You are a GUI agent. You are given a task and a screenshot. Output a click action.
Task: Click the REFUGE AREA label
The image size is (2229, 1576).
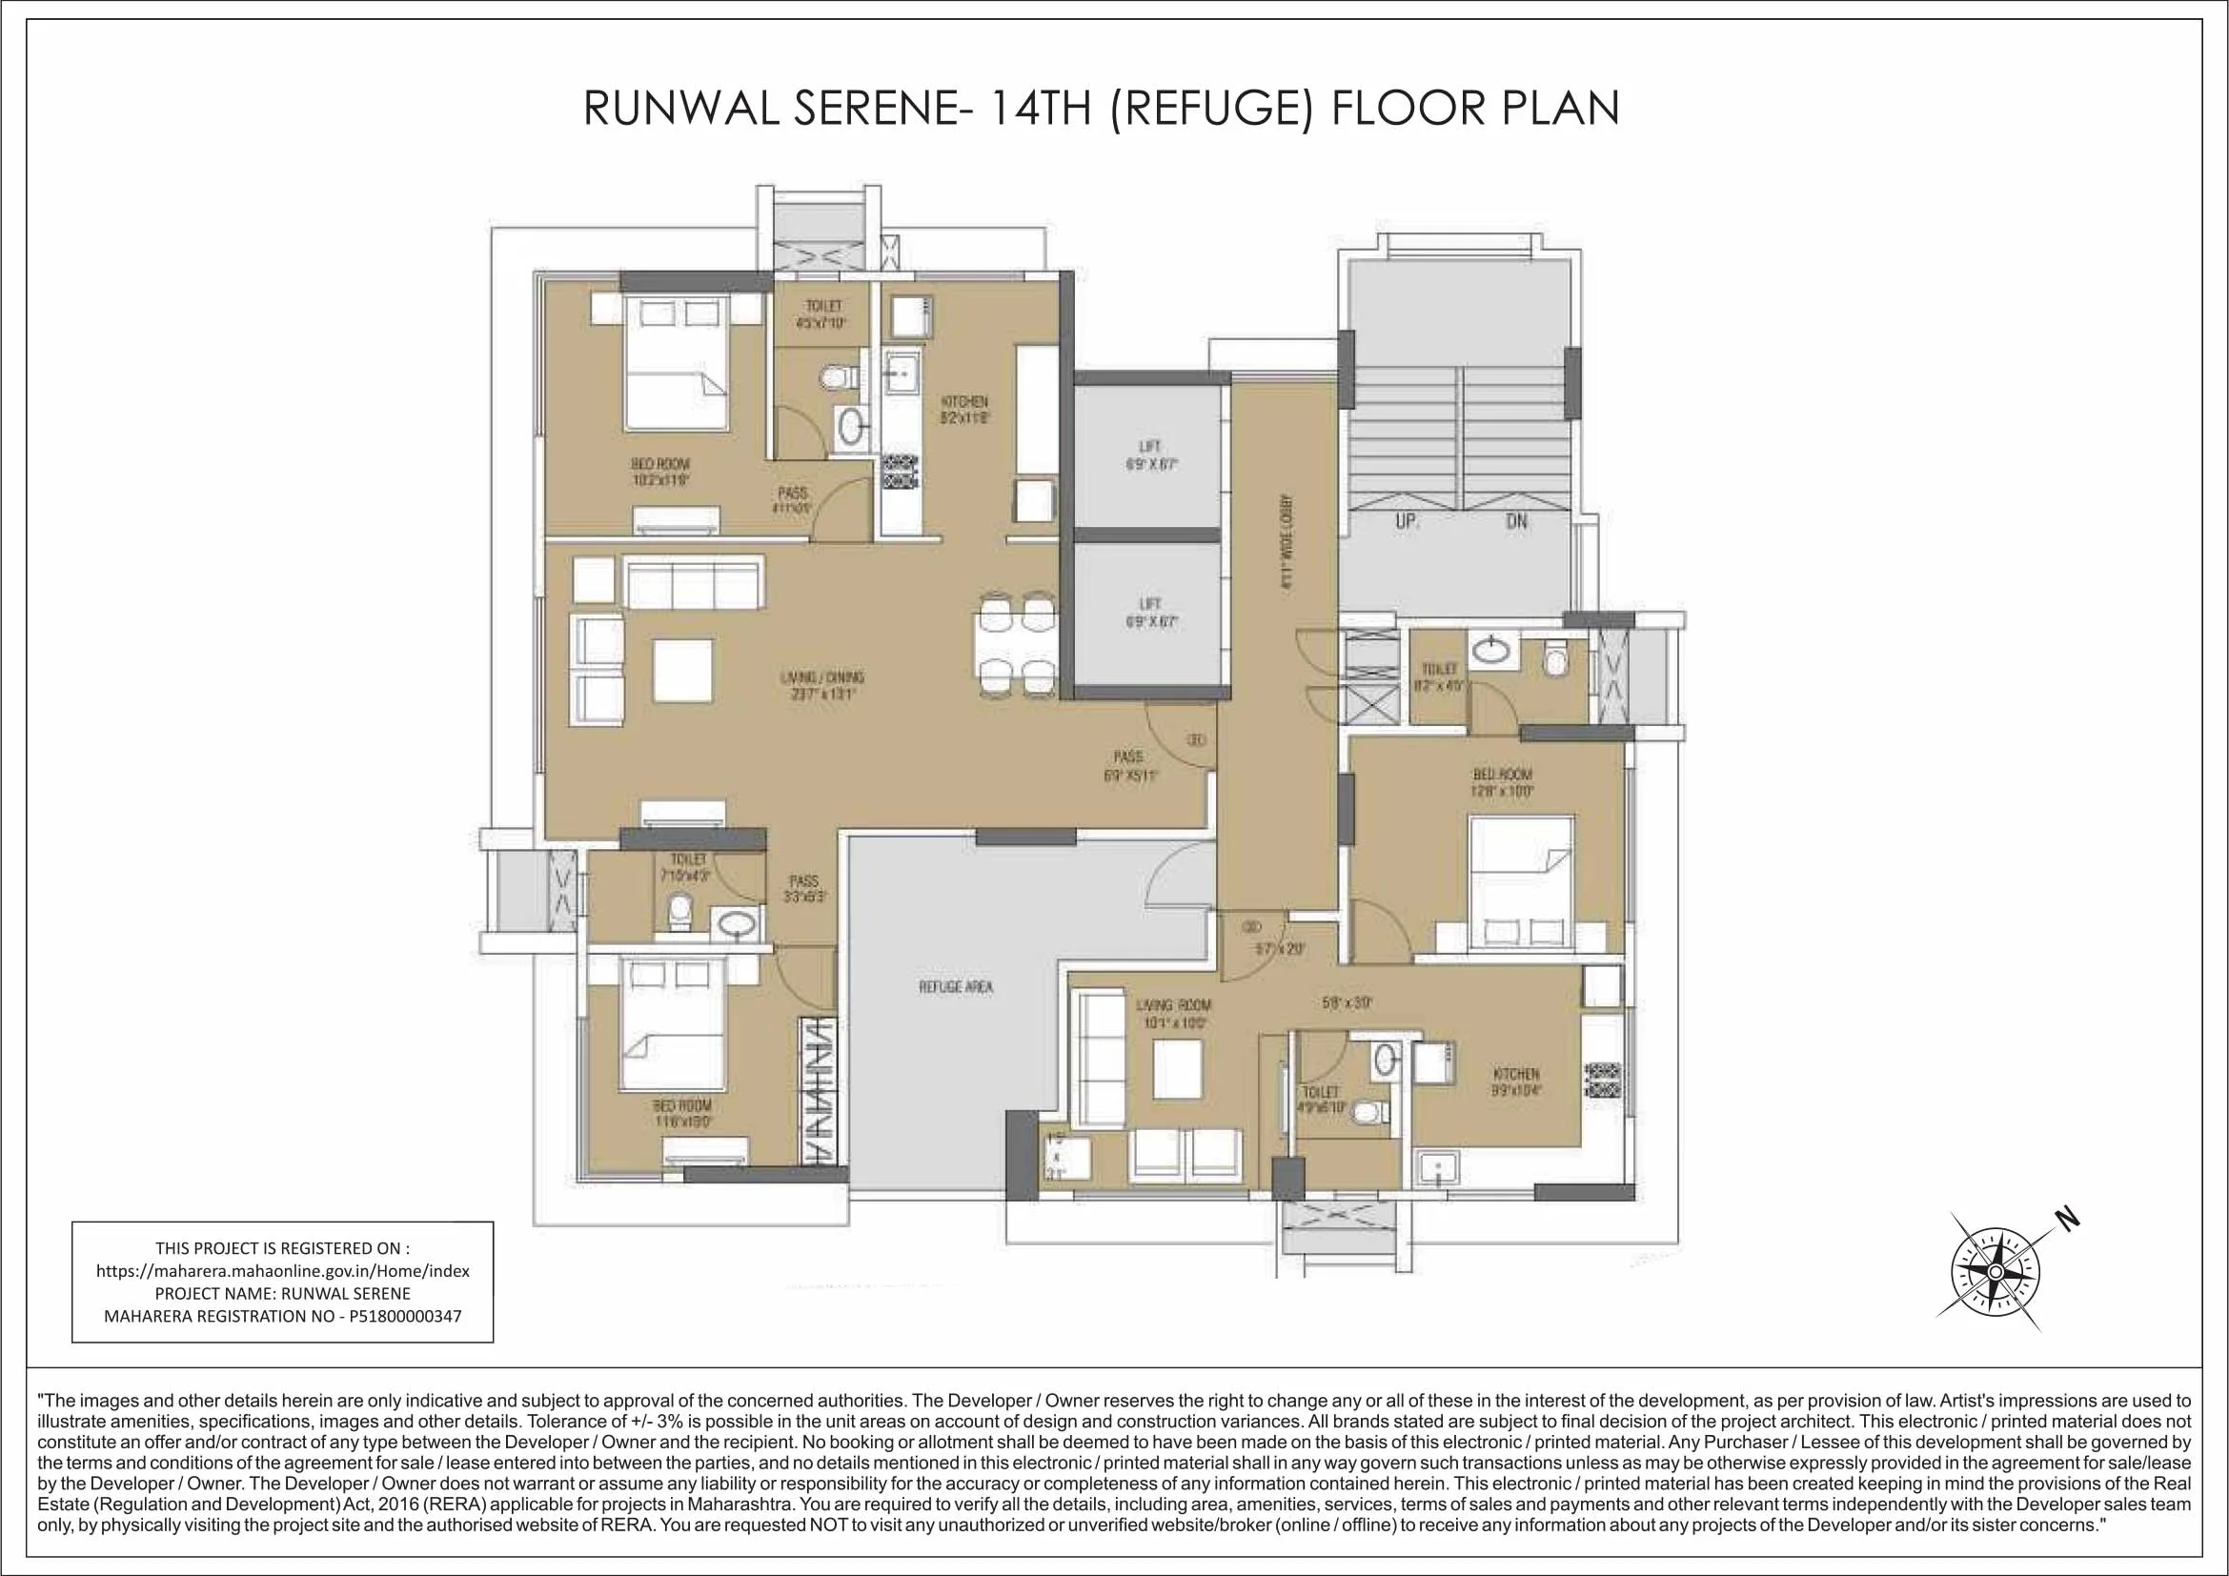(x=955, y=987)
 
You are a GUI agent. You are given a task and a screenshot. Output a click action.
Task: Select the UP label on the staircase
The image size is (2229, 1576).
(x=1407, y=521)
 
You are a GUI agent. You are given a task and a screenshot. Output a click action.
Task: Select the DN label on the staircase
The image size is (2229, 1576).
(x=1516, y=521)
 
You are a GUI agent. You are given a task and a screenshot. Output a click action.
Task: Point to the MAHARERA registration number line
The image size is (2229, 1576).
(x=282, y=1317)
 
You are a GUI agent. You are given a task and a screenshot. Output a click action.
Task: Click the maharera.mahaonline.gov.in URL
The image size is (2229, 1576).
(x=282, y=1270)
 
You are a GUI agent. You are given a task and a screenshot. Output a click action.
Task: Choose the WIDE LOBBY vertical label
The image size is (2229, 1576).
(x=1287, y=543)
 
